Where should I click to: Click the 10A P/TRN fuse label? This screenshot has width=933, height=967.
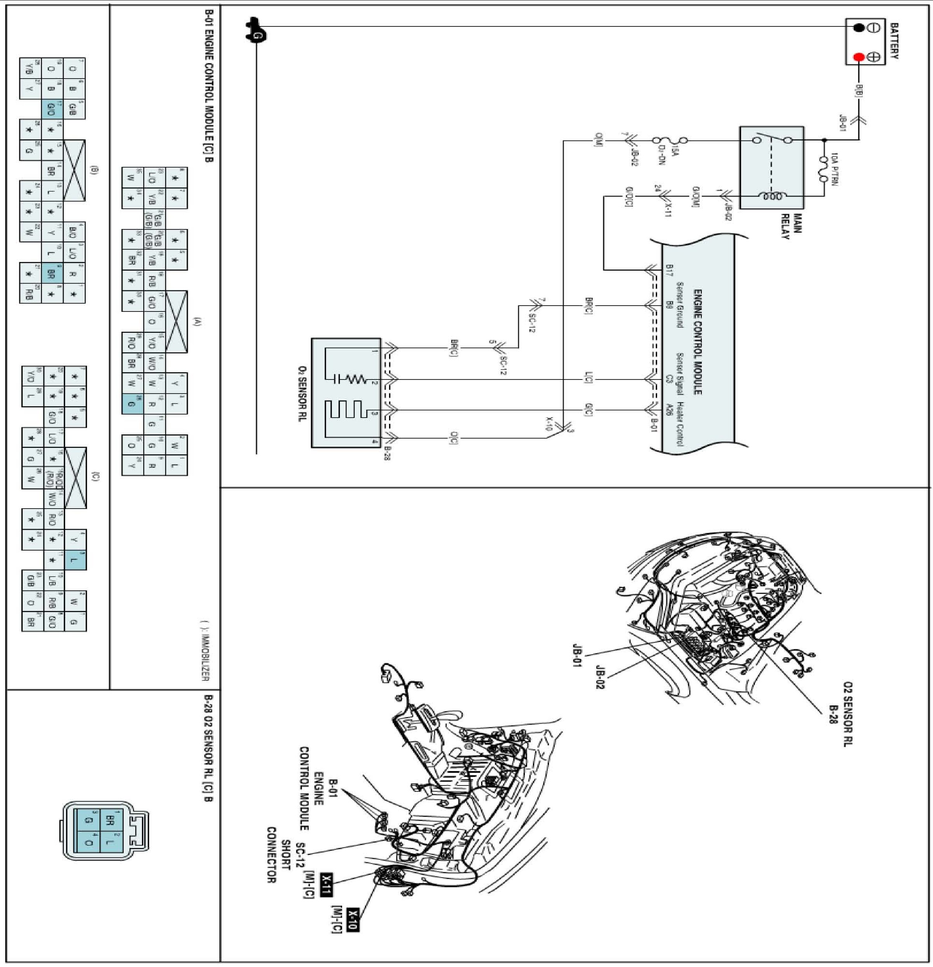pos(834,169)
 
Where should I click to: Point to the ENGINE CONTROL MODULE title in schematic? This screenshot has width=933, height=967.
pos(698,342)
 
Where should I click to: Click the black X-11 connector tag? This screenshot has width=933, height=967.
pos(327,885)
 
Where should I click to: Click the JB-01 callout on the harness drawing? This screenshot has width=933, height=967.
pos(576,655)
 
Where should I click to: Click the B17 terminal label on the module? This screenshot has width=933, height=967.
pos(669,270)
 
